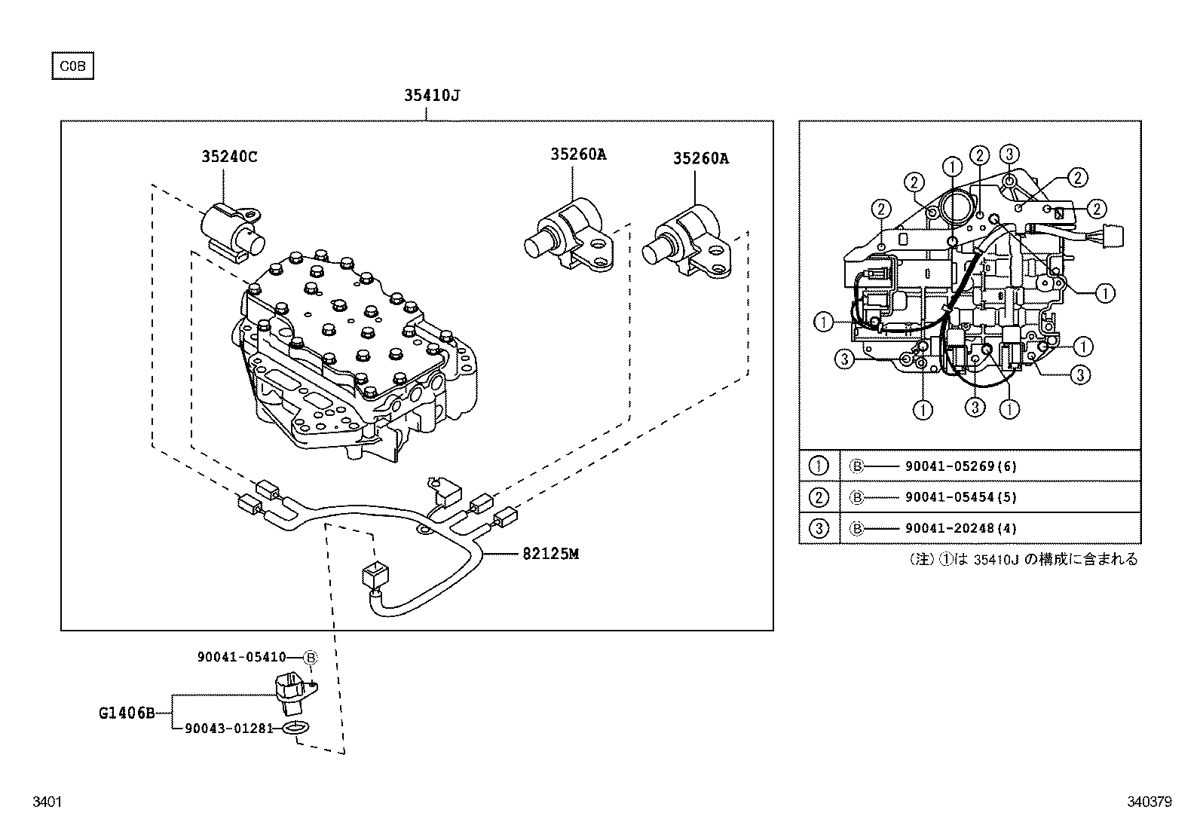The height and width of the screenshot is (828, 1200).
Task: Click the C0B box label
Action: pyautogui.click(x=72, y=66)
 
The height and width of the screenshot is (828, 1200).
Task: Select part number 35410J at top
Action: pyautogui.click(x=431, y=96)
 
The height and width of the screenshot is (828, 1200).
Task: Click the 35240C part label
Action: pyautogui.click(x=229, y=157)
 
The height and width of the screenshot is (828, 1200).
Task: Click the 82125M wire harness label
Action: pyautogui.click(x=550, y=555)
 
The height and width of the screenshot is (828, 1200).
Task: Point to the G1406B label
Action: pyautogui.click(x=126, y=712)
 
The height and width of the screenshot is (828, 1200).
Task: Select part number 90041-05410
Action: pyautogui.click(x=241, y=658)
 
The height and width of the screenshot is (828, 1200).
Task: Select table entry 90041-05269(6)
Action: pyautogui.click(x=960, y=466)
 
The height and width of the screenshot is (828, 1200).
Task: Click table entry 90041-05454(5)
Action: pyautogui.click(x=960, y=498)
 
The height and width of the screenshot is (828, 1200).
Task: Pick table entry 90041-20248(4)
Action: pyautogui.click(x=960, y=529)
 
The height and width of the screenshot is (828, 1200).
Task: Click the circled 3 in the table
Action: pyautogui.click(x=819, y=529)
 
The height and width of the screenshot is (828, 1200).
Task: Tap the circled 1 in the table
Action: pyautogui.click(x=819, y=466)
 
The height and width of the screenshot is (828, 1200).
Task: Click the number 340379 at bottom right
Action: pyautogui.click(x=1149, y=803)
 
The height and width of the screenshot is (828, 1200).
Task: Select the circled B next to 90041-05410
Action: pyautogui.click(x=311, y=658)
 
